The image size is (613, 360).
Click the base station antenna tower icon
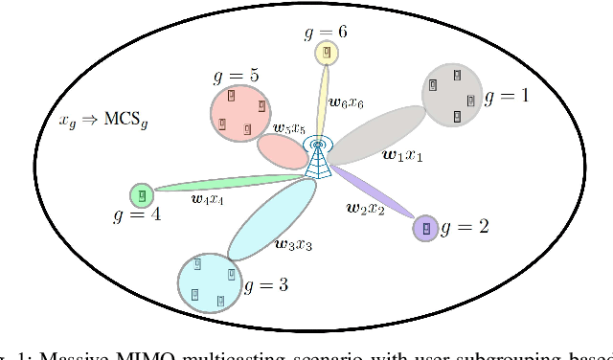(x=317, y=158)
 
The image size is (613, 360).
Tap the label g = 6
(x=326, y=31)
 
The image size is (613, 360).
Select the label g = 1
(x=507, y=97)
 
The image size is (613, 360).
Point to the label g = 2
(x=465, y=227)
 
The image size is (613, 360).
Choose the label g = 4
(x=138, y=216)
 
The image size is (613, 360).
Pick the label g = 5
(x=240, y=75)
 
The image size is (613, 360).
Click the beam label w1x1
(x=401, y=154)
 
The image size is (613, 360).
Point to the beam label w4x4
(x=207, y=199)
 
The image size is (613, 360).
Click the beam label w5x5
(x=289, y=128)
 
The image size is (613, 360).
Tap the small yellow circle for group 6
(x=328, y=53)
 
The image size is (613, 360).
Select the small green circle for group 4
(x=142, y=195)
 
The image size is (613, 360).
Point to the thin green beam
(x=230, y=183)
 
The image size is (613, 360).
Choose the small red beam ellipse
(x=283, y=151)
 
